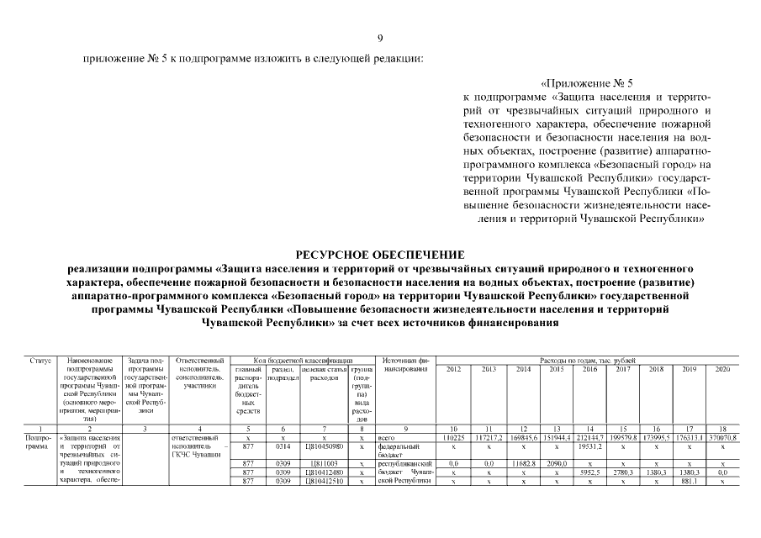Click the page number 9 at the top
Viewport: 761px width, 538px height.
(x=380, y=38)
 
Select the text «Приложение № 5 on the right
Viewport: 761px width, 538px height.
(x=586, y=84)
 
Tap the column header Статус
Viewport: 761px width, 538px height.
(x=40, y=360)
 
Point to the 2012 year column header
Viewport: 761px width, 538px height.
(x=453, y=369)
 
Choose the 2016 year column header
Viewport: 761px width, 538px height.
(x=589, y=369)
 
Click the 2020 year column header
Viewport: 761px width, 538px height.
(x=722, y=369)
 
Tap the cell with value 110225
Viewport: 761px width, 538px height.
(x=453, y=438)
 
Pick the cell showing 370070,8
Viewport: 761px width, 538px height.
(x=722, y=438)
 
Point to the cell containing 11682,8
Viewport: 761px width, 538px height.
(x=522, y=463)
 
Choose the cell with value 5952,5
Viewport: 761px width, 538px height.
(x=589, y=472)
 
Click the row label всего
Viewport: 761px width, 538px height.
(x=388, y=438)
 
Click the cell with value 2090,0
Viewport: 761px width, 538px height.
(x=556, y=463)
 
